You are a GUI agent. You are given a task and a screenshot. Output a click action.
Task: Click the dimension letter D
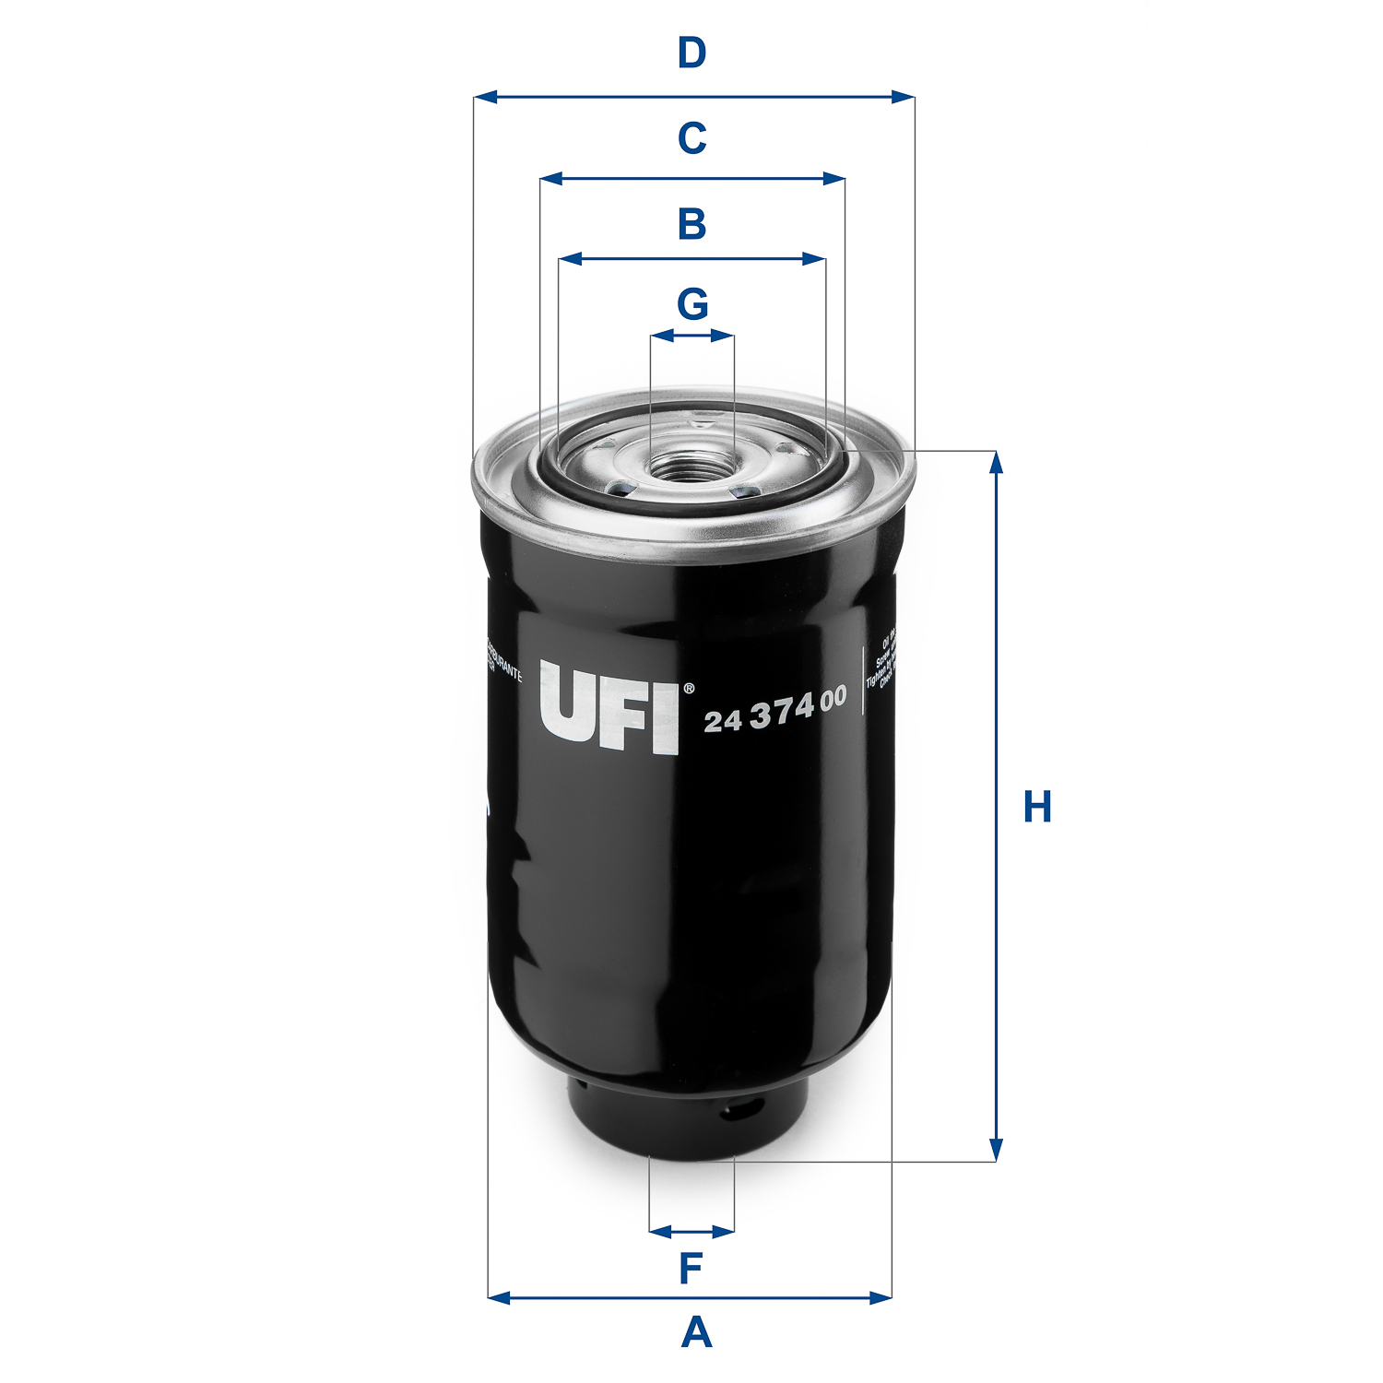[x=691, y=53]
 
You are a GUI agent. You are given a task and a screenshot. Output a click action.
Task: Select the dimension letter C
[x=691, y=138]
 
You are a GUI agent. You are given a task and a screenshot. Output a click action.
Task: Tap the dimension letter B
[x=691, y=224]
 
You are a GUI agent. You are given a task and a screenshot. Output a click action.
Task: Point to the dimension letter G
[x=692, y=304]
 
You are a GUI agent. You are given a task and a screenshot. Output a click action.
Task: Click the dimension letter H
[x=1037, y=807]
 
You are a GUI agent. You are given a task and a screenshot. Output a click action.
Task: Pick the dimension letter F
[x=691, y=1269]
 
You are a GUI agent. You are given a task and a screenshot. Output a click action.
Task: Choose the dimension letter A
[x=696, y=1333]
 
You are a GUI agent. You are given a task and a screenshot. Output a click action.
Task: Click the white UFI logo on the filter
[x=609, y=707]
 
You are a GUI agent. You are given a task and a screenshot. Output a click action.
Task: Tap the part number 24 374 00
[x=774, y=710]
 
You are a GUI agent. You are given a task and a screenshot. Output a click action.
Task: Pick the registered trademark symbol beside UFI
[x=688, y=689]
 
